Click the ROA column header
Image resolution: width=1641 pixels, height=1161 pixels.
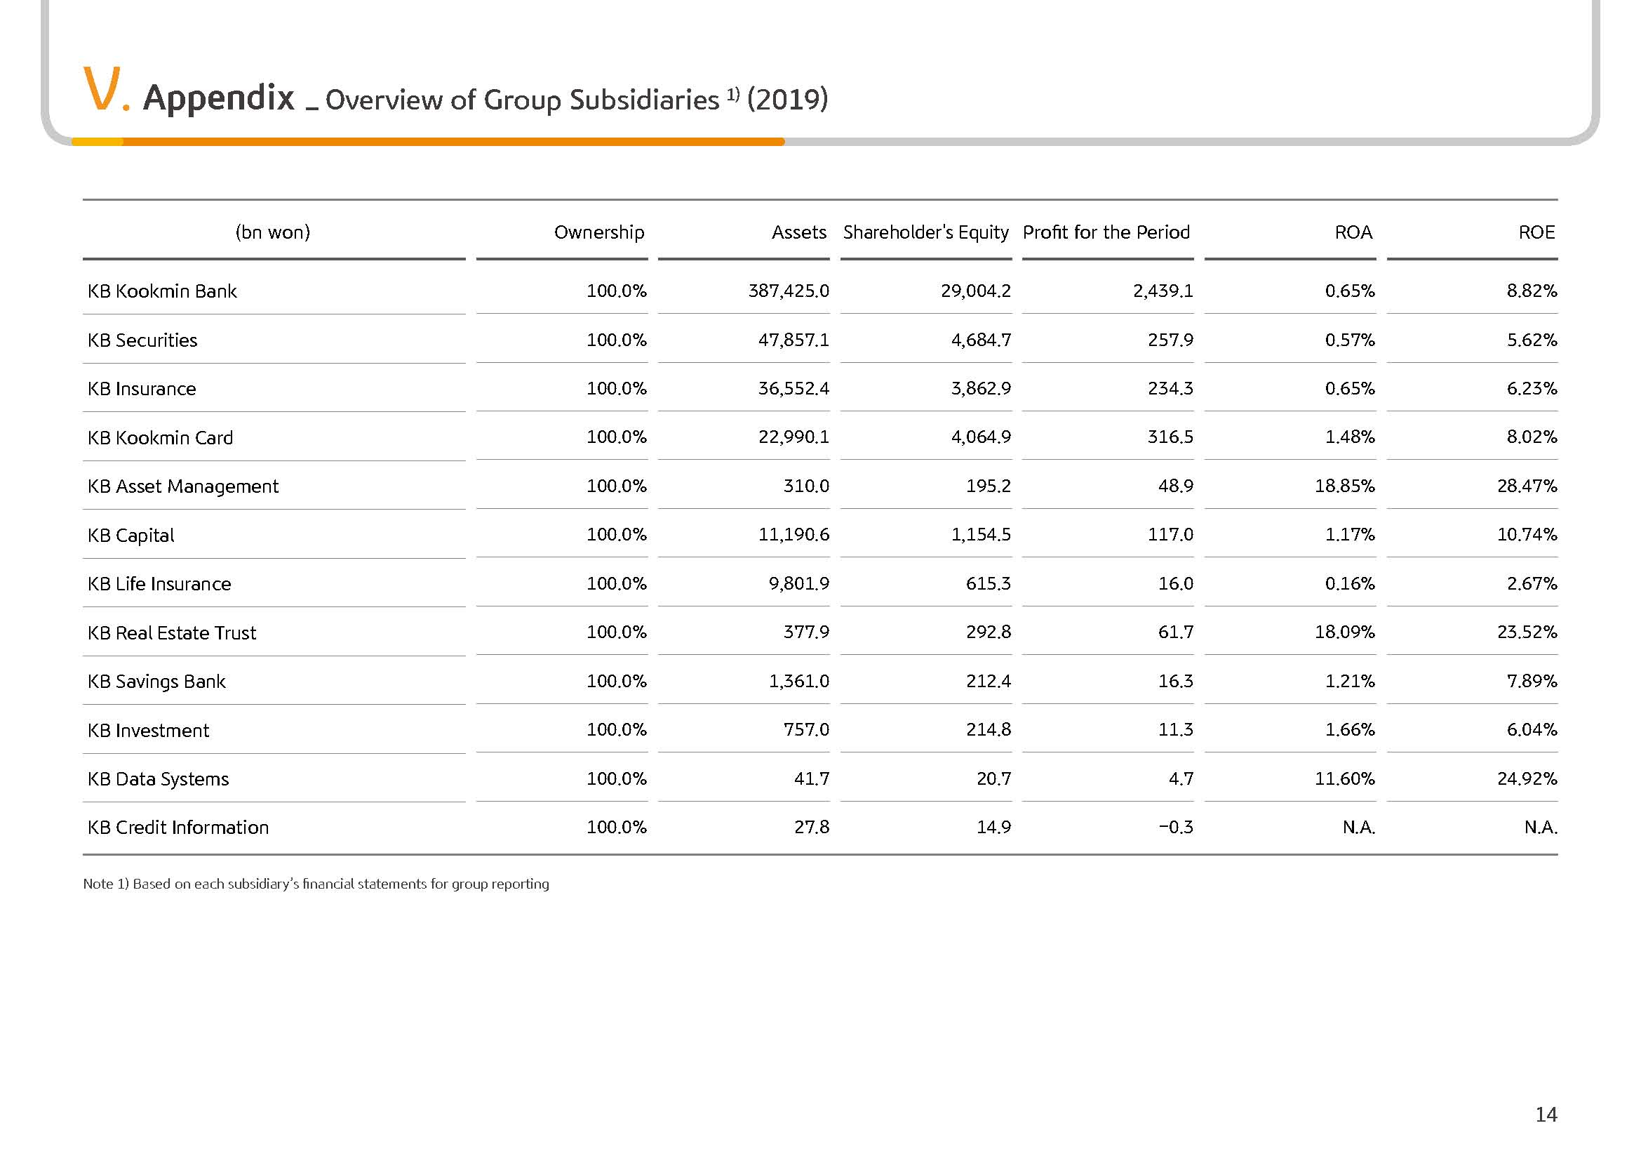(x=1353, y=232)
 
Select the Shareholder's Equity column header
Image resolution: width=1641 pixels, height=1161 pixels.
(x=925, y=232)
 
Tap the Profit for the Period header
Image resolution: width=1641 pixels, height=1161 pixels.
(x=1106, y=232)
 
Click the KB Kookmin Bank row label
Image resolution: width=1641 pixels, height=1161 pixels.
(x=161, y=291)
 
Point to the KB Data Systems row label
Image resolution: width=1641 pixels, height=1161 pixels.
(x=158, y=778)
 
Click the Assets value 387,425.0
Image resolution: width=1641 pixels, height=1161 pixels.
(x=789, y=291)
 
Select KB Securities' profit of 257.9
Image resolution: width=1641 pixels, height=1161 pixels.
(x=1170, y=340)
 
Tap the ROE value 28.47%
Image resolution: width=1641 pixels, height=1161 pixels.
(x=1527, y=486)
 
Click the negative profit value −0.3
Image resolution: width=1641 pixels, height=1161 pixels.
(x=1176, y=827)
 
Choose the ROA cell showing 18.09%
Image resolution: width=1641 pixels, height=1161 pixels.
(x=1344, y=632)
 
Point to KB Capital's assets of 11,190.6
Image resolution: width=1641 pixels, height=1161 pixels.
(x=793, y=535)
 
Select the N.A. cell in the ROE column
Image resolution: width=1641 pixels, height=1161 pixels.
(x=1540, y=827)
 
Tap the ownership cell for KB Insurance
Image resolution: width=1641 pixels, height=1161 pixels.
(x=616, y=388)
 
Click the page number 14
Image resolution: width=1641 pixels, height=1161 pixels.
(x=1546, y=1115)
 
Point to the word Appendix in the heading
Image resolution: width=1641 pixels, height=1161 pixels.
(x=219, y=98)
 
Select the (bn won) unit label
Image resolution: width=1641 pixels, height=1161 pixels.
(x=272, y=232)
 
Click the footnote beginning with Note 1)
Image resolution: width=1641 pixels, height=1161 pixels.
(x=316, y=884)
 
